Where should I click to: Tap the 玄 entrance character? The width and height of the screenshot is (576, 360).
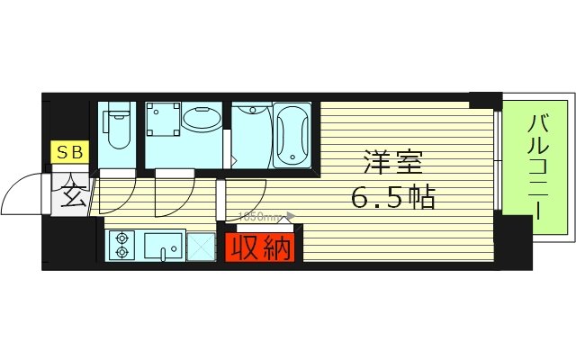(72, 192)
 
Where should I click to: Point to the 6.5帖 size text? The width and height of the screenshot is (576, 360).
(393, 195)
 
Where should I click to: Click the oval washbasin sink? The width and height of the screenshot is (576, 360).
(202, 119)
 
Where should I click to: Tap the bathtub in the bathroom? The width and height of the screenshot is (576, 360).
(292, 138)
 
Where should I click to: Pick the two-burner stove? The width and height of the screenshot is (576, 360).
(120, 245)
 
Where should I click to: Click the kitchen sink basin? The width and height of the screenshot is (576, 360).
(163, 244)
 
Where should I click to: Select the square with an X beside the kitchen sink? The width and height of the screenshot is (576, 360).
(201, 246)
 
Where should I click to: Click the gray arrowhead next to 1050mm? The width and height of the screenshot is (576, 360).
(289, 217)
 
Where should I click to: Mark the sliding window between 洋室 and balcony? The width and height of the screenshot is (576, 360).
(497, 162)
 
